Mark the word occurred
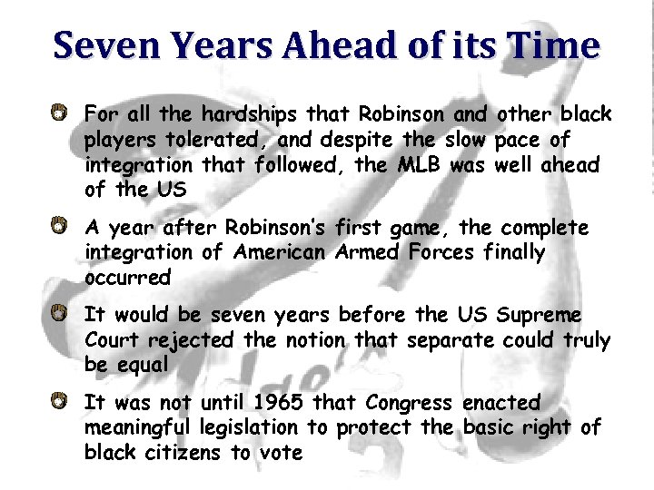[127, 277]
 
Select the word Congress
[409, 402]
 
